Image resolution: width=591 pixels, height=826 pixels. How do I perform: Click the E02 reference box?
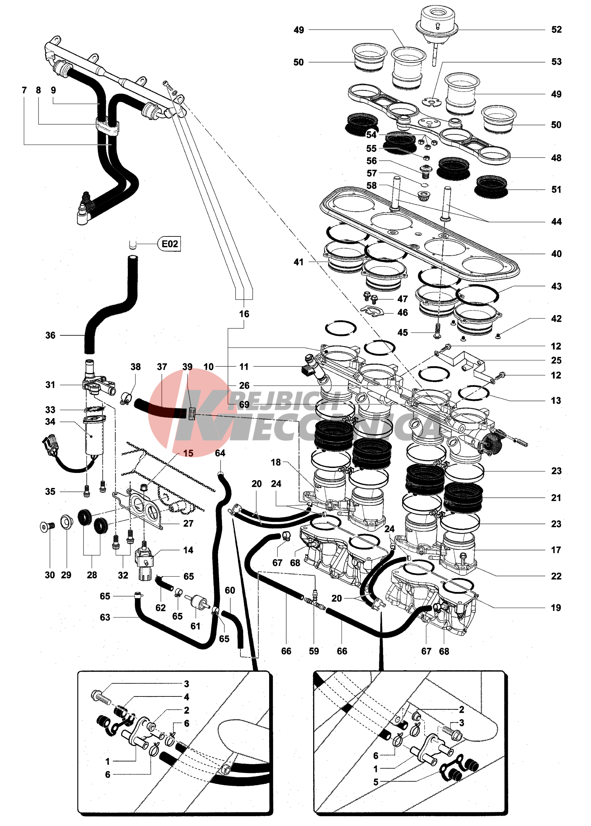[x=170, y=244]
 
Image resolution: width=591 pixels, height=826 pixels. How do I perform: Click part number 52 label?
[x=556, y=30]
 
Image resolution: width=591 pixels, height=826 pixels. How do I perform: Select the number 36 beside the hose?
[x=50, y=335]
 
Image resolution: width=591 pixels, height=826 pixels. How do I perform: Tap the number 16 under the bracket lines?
[x=244, y=314]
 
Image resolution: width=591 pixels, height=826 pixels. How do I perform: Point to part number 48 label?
[x=556, y=158]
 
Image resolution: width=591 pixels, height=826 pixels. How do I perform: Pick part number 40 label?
[x=556, y=254]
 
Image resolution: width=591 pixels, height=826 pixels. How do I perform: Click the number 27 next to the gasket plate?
[x=188, y=524]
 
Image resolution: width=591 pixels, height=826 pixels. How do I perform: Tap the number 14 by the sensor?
[x=188, y=550]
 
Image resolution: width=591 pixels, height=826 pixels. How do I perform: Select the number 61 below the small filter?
[x=195, y=626]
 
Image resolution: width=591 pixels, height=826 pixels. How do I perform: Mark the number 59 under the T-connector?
[x=314, y=651]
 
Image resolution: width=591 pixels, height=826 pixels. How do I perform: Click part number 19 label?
[x=556, y=607]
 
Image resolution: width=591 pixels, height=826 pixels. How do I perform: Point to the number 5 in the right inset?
[x=376, y=782]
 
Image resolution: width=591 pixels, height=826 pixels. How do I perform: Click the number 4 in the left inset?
[x=186, y=697]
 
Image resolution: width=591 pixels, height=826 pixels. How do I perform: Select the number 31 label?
[x=50, y=385]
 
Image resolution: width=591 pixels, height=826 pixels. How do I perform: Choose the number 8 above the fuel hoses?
[x=38, y=90]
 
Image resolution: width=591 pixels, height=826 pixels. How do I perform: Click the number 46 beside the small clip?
[x=403, y=313]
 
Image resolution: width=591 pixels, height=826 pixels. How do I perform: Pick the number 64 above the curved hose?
[x=220, y=453]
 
